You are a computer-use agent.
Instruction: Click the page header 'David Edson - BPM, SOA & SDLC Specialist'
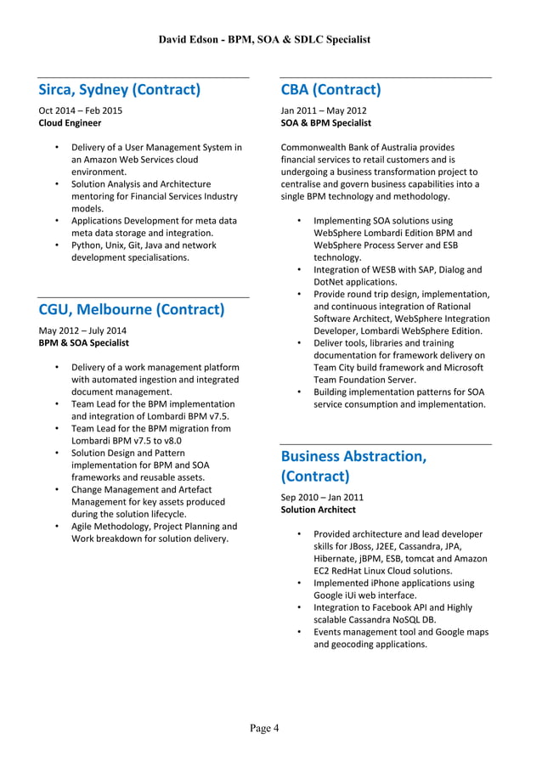[264, 40]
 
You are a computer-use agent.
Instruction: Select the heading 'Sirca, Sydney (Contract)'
[120, 90]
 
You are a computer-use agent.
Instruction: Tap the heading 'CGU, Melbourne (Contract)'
[132, 309]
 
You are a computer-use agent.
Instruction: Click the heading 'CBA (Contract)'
[330, 90]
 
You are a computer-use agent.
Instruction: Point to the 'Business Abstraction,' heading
[353, 456]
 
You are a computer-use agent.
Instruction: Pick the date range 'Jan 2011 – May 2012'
[324, 110]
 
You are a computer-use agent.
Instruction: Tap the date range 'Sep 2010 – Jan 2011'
[322, 497]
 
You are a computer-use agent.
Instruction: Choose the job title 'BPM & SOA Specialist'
[84, 342]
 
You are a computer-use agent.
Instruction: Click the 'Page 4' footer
[264, 728]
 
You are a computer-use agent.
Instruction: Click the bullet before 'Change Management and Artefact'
[56, 490]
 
